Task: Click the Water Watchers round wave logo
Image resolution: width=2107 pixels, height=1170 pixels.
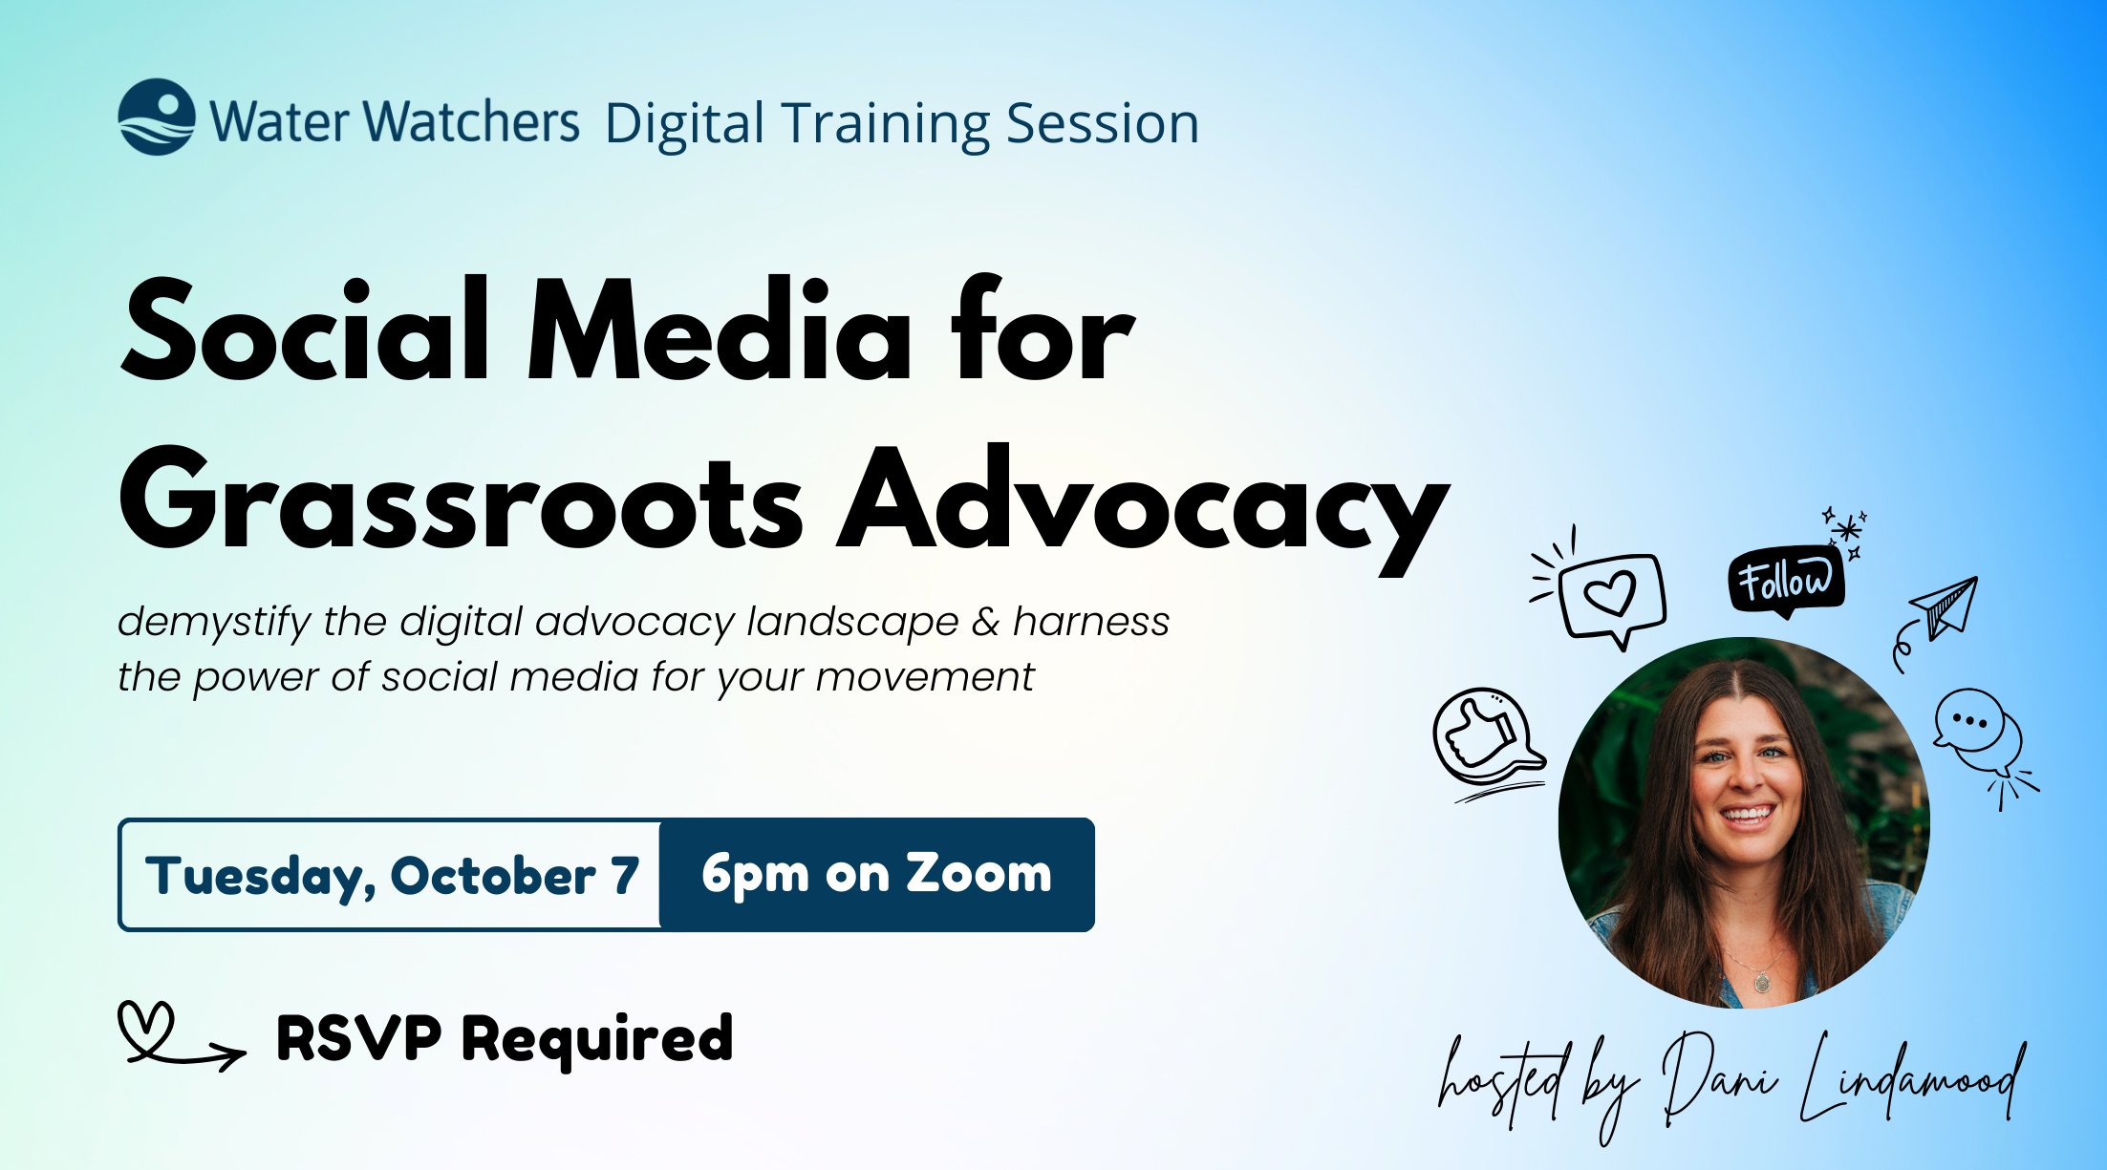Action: [157, 117]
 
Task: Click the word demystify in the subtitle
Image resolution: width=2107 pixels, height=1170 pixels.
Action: [213, 623]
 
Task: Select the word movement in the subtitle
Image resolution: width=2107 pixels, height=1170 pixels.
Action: [924, 677]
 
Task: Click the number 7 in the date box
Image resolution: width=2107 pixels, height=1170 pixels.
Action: [625, 875]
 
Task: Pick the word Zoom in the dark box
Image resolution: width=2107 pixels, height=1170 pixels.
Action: [978, 873]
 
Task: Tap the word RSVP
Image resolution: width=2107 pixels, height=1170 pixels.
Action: [358, 1037]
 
